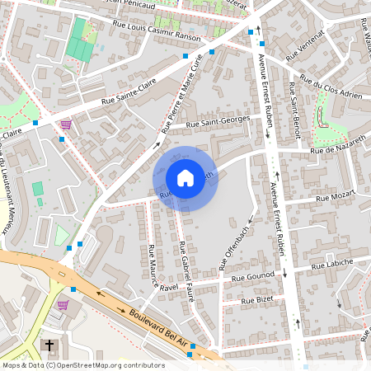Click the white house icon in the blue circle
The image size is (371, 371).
[x=185, y=177]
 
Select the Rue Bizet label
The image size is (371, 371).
[x=256, y=302]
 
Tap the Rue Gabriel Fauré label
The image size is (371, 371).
[x=185, y=272]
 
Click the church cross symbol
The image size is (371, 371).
[x=49, y=345]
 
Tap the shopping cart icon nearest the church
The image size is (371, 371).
[x=63, y=304]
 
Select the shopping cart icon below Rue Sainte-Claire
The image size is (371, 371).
[x=66, y=124]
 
